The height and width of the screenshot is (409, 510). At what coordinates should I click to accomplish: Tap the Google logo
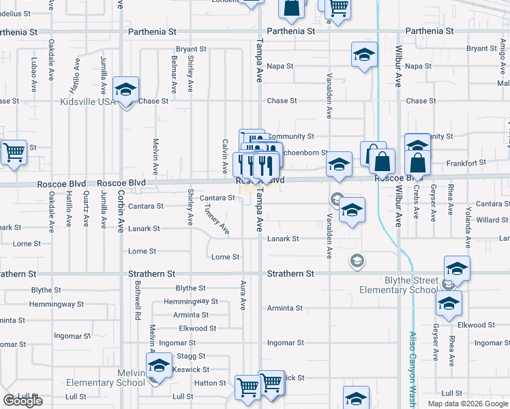pos(22,401)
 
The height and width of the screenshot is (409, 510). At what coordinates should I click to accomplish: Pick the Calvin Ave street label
pos(224,156)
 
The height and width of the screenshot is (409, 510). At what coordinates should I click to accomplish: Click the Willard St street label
pos(492,220)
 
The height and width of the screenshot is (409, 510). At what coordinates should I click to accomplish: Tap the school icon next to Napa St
pos(364,54)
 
